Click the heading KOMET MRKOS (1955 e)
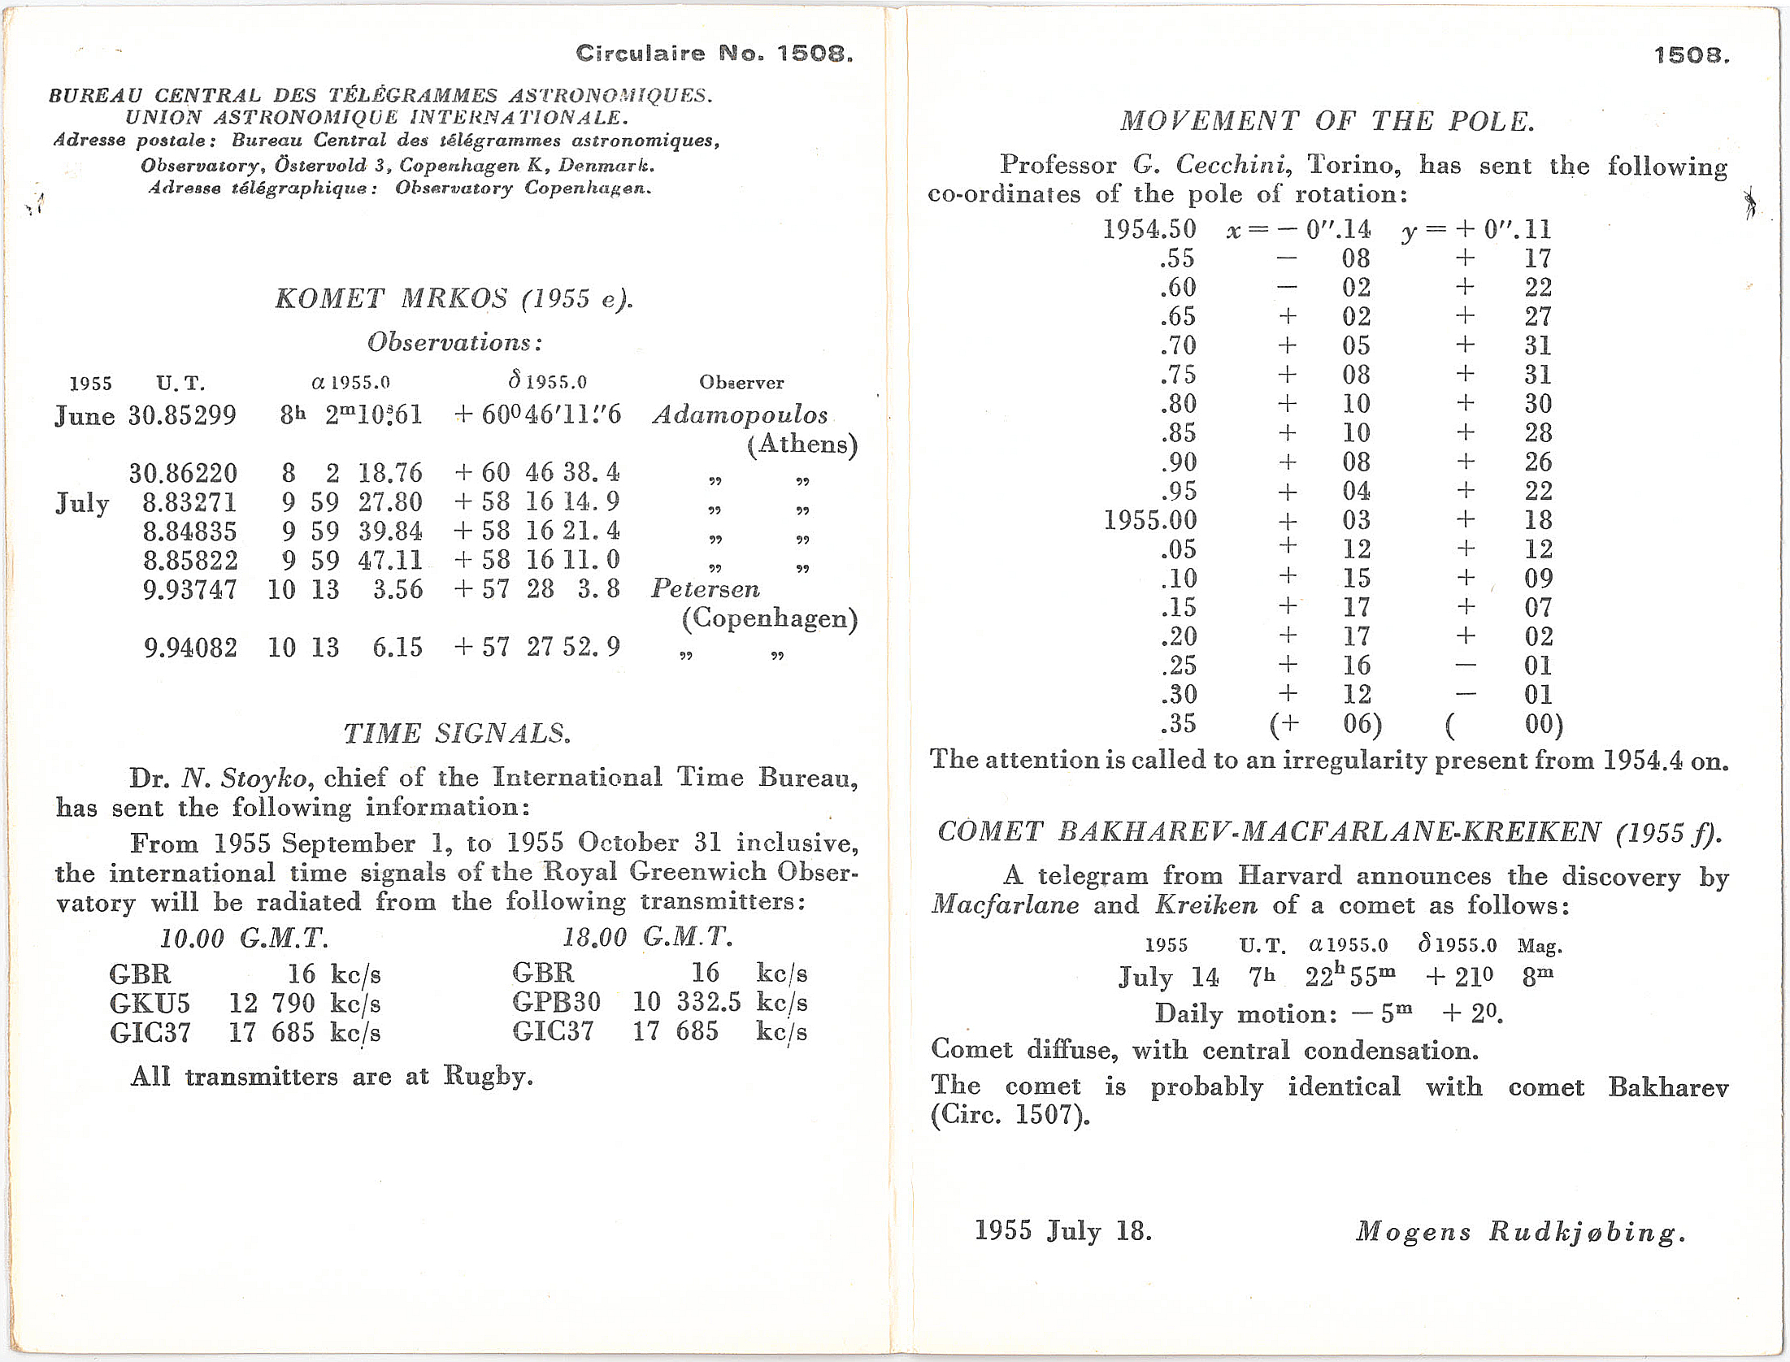[453, 299]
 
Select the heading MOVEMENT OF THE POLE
[1327, 122]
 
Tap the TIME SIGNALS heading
[456, 734]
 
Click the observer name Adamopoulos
[740, 415]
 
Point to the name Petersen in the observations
[705, 589]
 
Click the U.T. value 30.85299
[182, 416]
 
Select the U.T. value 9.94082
[190, 648]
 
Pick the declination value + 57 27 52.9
[537, 647]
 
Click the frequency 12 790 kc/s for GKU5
[304, 1004]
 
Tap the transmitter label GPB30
[556, 1002]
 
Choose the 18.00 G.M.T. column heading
[648, 938]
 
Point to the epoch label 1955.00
[1149, 520]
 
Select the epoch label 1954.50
[1149, 229]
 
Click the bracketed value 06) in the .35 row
[1362, 724]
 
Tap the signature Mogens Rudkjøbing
[1519, 1232]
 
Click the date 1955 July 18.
[1062, 1230]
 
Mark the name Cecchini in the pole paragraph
[1232, 165]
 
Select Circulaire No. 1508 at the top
[714, 54]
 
